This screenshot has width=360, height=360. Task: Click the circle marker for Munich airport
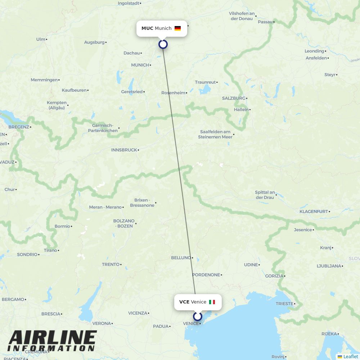click(163, 44)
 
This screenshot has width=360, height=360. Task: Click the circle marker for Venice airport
click(198, 316)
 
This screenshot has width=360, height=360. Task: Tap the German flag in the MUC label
click(177, 28)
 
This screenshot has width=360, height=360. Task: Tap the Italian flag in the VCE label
click(212, 302)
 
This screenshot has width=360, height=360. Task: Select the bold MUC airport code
click(147, 28)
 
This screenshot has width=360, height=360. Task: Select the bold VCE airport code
click(184, 302)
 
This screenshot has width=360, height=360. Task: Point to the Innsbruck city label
click(124, 150)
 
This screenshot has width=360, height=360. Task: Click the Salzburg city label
click(233, 98)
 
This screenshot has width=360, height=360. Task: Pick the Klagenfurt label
click(314, 211)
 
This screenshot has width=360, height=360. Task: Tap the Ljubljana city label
click(328, 266)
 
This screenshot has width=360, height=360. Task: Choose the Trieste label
click(284, 303)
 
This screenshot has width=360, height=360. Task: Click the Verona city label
click(102, 323)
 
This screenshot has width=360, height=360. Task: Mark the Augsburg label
click(94, 42)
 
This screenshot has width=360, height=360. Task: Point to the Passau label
click(265, 22)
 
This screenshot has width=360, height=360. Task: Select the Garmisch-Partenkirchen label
click(103, 128)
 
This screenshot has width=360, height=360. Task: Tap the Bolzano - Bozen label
click(124, 223)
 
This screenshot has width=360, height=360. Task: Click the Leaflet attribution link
click(350, 356)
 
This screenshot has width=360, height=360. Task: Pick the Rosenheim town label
click(173, 93)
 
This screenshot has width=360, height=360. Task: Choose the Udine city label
click(251, 265)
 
